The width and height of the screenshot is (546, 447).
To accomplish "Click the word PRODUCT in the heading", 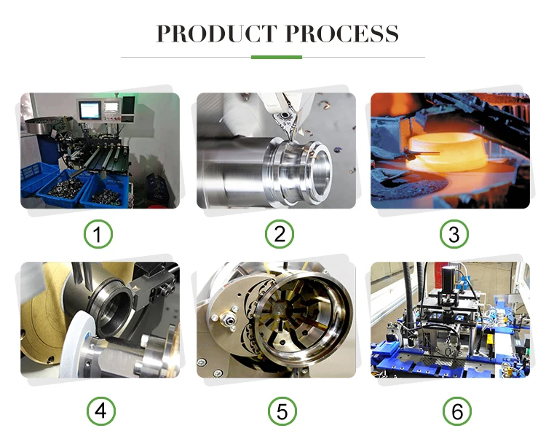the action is click(217, 34).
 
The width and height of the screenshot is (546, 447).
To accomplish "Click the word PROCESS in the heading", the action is click(342, 34).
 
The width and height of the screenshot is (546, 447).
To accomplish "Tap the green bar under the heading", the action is click(277, 57).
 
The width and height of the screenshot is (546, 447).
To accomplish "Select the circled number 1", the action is click(98, 233).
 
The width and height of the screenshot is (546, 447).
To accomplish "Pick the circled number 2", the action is click(280, 233).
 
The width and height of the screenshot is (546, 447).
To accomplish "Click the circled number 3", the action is click(454, 233).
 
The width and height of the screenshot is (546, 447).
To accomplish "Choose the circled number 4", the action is click(101, 411).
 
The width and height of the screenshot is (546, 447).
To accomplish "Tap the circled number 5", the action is click(282, 411).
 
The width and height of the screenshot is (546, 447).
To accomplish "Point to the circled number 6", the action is click(457, 411).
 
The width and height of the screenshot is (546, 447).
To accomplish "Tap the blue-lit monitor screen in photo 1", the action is click(90, 110).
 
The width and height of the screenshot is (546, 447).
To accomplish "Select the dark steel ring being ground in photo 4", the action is click(111, 308).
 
